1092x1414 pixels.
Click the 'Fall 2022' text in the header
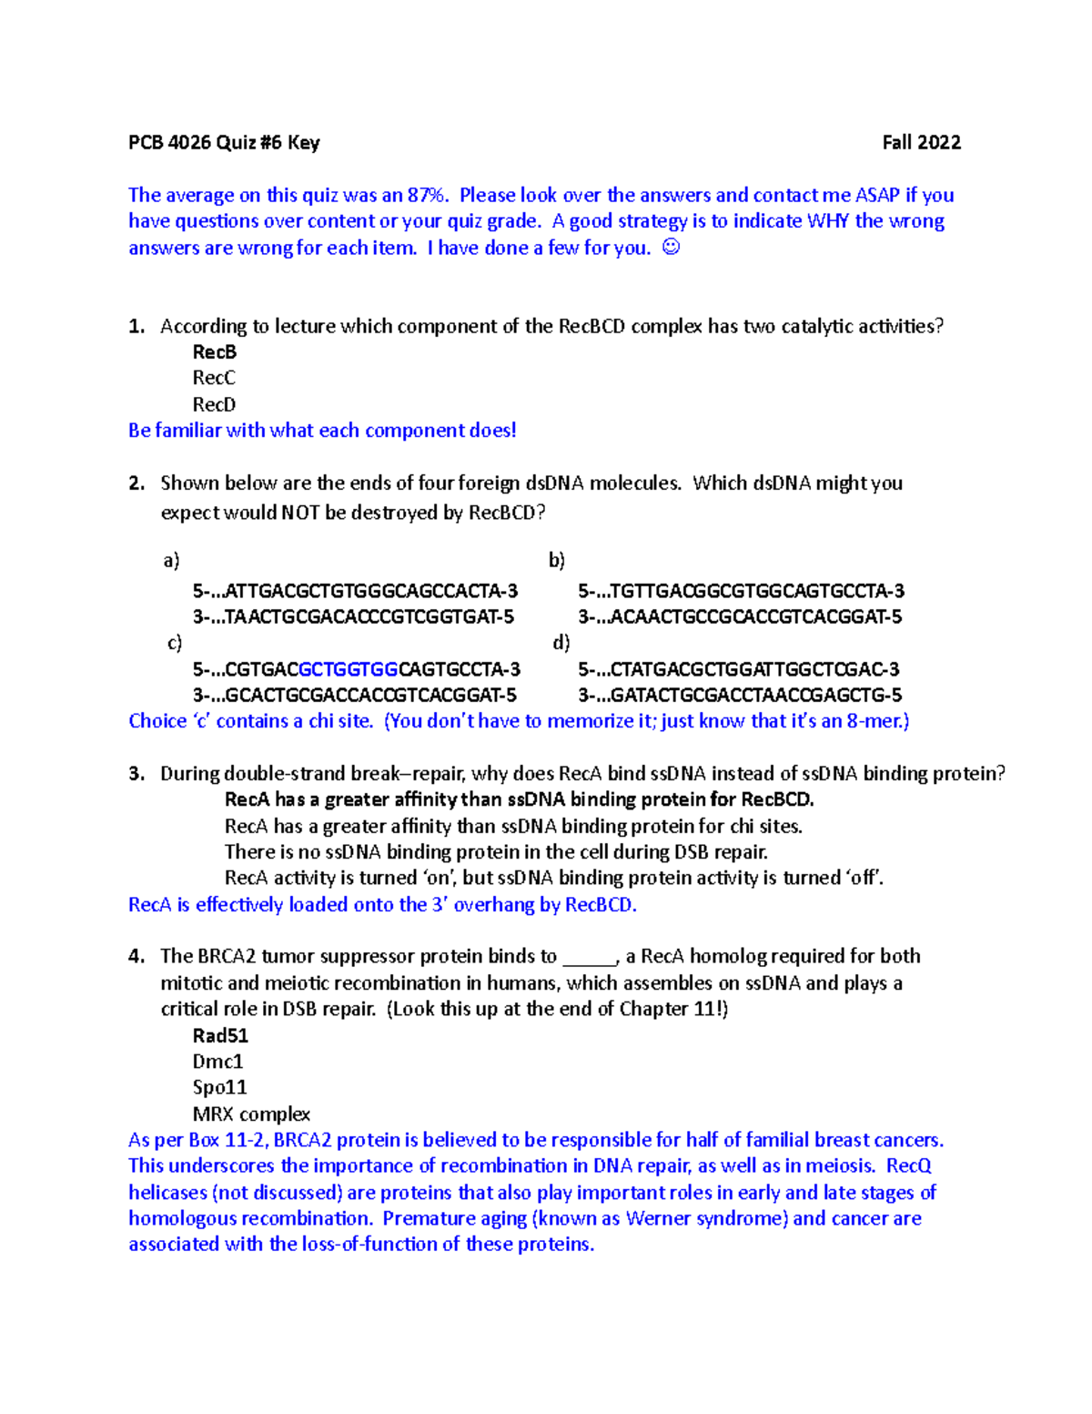coord(921,142)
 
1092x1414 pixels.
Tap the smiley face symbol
coord(671,247)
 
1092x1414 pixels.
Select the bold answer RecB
coord(215,351)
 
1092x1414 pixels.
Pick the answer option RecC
coord(214,378)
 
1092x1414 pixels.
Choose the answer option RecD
coord(214,404)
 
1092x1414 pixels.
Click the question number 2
coord(136,483)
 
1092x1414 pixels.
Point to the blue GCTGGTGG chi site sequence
coord(349,669)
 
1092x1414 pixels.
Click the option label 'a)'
coord(171,560)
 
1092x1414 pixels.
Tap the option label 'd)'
coord(561,643)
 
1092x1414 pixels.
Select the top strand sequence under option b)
coord(741,591)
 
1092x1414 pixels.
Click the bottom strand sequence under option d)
coord(740,696)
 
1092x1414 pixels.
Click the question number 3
coord(136,774)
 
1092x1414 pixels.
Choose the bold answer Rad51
coord(220,1035)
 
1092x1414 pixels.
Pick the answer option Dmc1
coord(217,1062)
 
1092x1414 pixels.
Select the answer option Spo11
coord(219,1087)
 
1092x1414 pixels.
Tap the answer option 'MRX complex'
coord(251,1114)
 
